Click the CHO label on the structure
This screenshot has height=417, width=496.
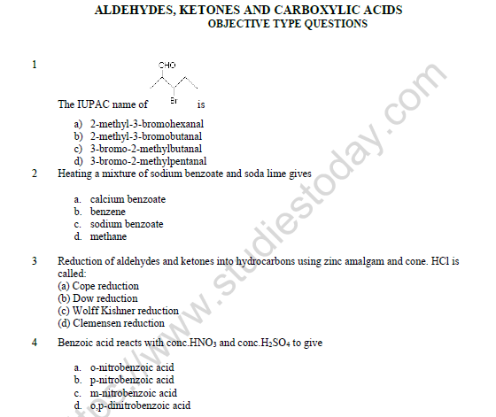pos(167,65)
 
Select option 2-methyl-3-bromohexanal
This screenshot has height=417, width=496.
pos(145,125)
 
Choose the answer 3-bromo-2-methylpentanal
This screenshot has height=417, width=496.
pos(148,161)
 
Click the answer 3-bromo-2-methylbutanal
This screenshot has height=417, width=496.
pos(146,149)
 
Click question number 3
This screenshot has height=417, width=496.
pos(35,261)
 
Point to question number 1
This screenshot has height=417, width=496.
pos(35,65)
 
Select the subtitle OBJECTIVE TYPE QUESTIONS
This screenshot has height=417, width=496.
pos(287,25)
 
